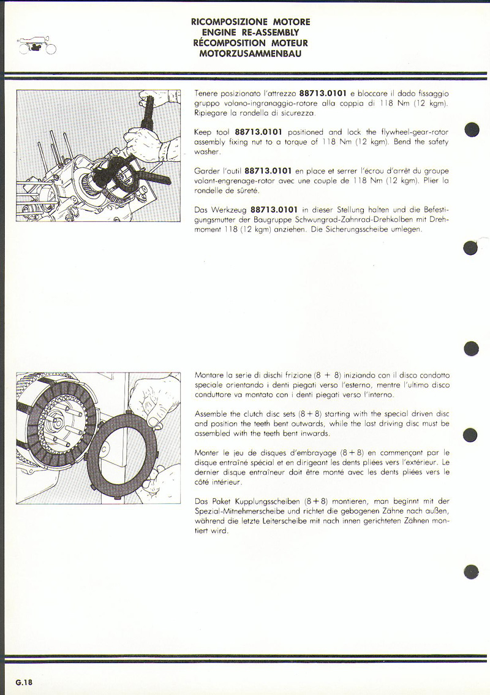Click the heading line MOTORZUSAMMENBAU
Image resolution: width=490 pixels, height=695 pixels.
point(250,53)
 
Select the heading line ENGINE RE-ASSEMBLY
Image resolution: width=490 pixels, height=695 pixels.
point(250,32)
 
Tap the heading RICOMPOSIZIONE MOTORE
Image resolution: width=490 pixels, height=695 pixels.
point(250,22)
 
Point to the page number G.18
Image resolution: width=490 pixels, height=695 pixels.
point(24,682)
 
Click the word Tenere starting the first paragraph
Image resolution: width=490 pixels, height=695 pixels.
point(206,94)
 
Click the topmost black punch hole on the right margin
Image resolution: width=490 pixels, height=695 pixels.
point(471,131)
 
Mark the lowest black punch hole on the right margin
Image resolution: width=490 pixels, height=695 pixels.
point(471,571)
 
